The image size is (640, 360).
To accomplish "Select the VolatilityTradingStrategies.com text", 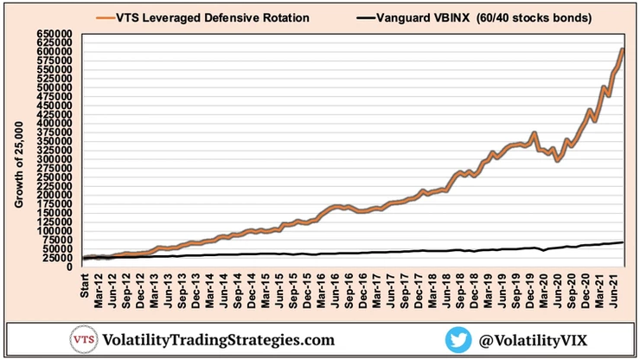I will (219, 340).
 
